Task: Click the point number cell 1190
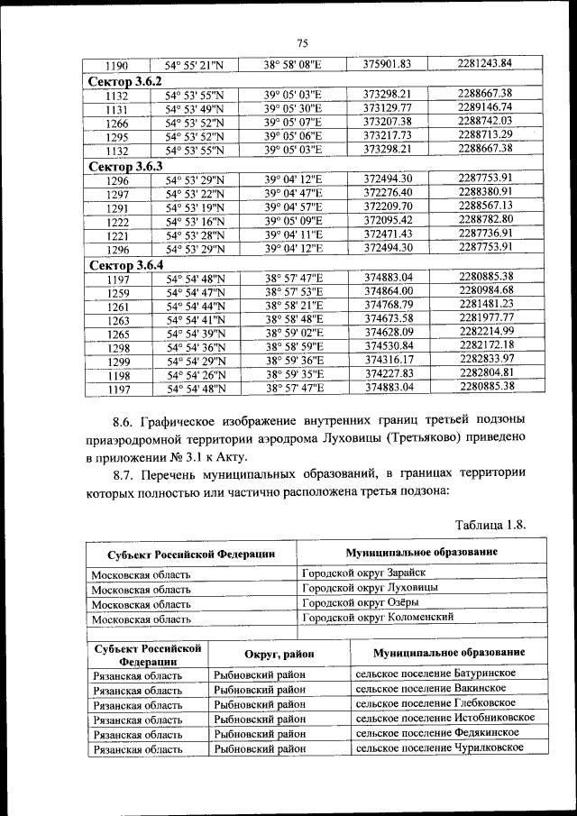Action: click(117, 65)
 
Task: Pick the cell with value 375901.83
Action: click(388, 64)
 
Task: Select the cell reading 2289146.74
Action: click(485, 107)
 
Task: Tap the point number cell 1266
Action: click(117, 123)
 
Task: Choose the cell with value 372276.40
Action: click(388, 193)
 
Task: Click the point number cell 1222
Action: click(117, 222)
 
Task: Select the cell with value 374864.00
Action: click(388, 291)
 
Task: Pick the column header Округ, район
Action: click(278, 653)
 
